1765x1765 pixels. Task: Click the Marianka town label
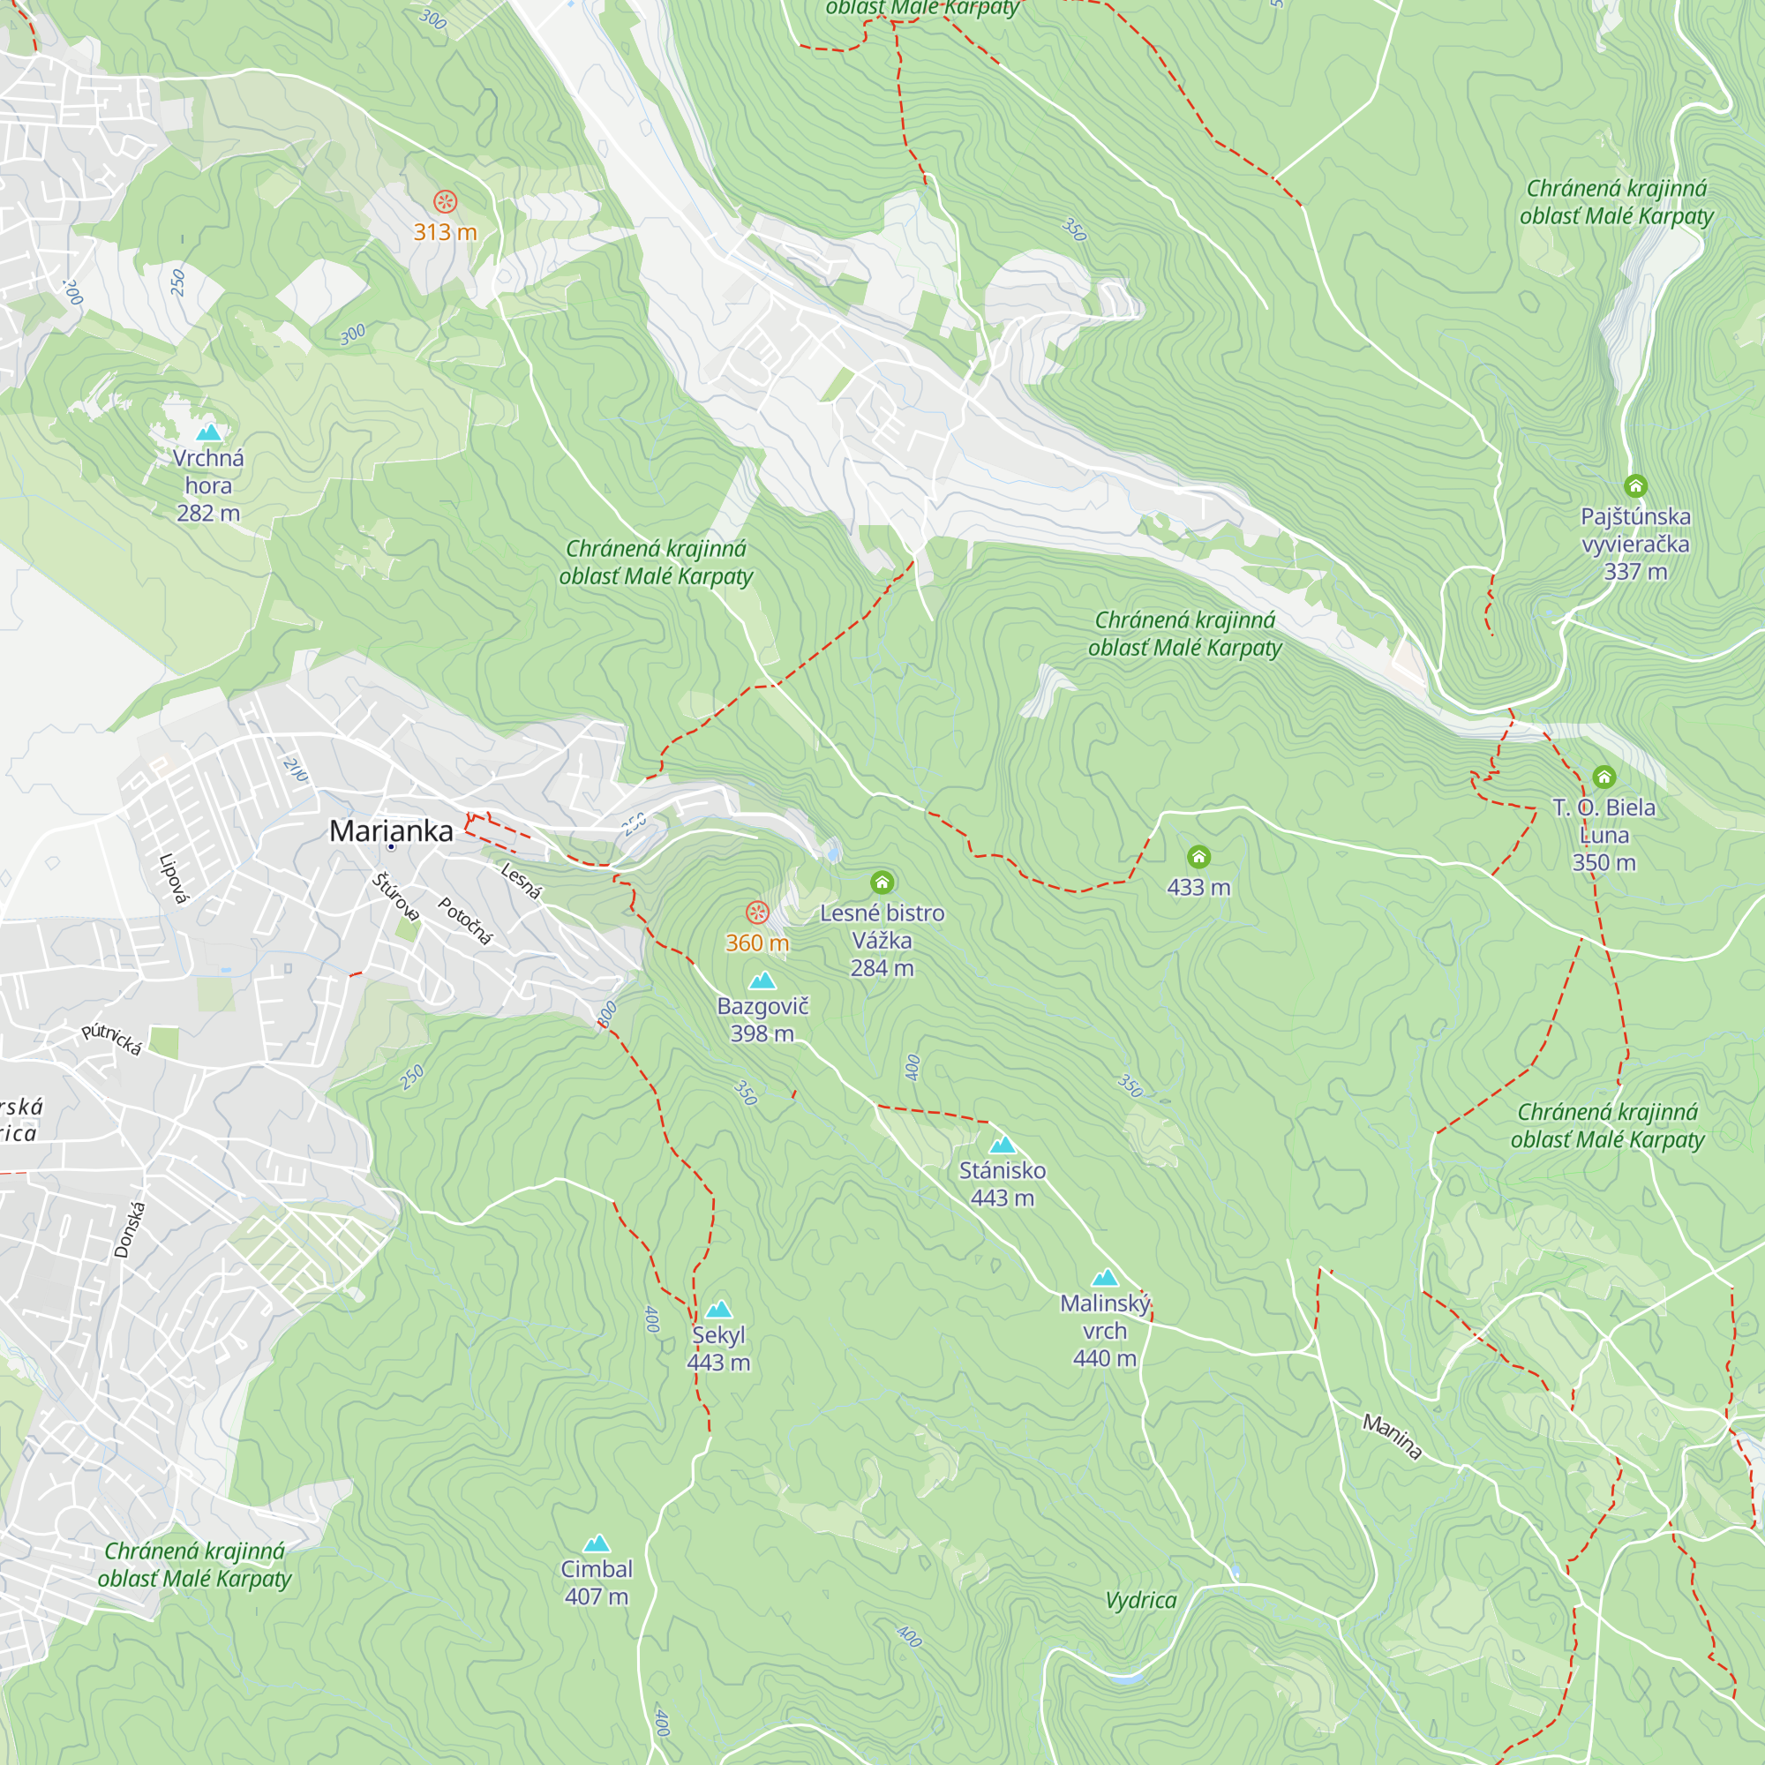click(391, 830)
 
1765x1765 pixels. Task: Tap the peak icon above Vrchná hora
click(209, 432)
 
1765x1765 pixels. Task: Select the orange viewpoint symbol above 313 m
click(445, 201)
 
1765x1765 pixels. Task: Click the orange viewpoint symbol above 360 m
click(757, 912)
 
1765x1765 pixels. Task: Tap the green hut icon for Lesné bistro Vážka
click(882, 882)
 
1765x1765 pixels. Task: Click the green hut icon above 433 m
click(1198, 856)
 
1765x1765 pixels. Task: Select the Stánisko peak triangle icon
click(1003, 1145)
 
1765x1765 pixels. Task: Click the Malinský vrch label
click(1105, 1329)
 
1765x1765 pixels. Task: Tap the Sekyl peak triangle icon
click(719, 1309)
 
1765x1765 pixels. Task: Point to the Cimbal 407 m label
click(597, 1582)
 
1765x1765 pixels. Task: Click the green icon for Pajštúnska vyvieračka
click(1635, 485)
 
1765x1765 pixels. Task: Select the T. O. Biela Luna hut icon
click(1604, 777)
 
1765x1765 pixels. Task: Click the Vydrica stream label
click(1141, 1600)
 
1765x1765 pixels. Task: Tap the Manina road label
click(1393, 1436)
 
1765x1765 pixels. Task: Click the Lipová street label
click(174, 878)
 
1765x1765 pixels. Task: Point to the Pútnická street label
click(111, 1039)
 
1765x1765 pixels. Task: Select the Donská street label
click(129, 1229)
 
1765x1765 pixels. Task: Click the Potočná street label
click(465, 920)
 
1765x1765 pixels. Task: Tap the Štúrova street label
click(395, 898)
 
